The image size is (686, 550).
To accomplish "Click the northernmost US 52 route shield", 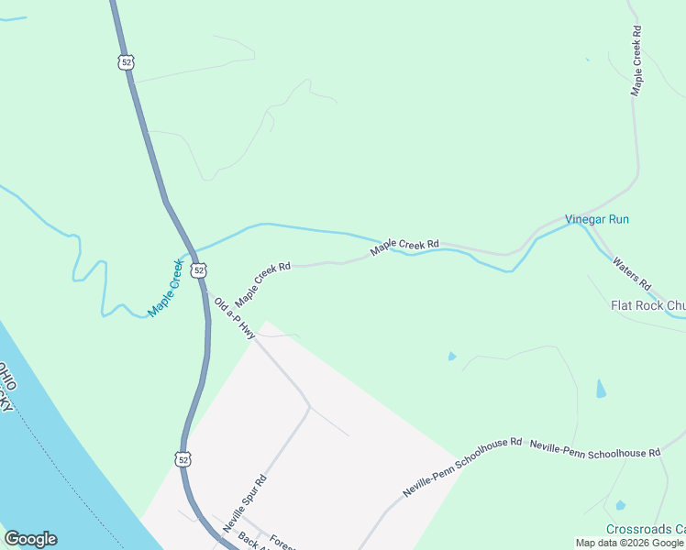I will (126, 61).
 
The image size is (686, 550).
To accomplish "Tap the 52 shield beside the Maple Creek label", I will (199, 270).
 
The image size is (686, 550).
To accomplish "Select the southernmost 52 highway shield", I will (183, 457).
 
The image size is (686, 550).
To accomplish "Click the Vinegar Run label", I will (597, 220).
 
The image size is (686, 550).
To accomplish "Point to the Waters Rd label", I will (631, 272).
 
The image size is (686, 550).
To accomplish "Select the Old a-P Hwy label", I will (234, 318).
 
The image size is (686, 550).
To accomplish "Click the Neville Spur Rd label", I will (245, 503).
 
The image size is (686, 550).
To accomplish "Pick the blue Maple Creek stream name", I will (166, 288).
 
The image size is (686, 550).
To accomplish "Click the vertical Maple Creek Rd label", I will (636, 60).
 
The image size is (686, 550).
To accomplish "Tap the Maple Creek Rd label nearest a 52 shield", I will (262, 285).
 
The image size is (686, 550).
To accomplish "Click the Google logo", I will (30, 539).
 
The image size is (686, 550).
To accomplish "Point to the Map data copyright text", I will (629, 543).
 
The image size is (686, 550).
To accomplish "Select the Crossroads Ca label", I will (646, 530).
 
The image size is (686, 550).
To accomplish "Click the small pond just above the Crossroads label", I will (621, 505).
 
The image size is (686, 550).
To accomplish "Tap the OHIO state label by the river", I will (8, 379).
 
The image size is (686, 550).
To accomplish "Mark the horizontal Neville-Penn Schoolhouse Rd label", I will (595, 447).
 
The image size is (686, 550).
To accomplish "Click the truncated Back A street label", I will (244, 541).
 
